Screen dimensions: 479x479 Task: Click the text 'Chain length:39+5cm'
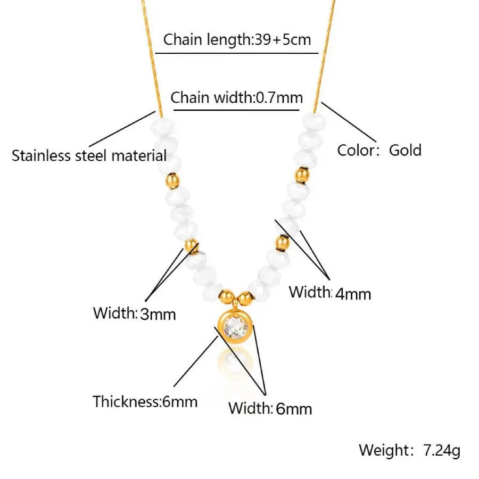(237, 39)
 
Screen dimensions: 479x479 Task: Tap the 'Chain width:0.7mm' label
(237, 98)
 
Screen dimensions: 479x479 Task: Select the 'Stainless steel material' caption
(89, 156)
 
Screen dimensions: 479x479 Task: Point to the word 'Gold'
(405, 150)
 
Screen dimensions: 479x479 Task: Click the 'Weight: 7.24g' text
(409, 450)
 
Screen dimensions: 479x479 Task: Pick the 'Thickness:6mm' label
(145, 401)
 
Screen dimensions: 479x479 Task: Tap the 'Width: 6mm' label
(270, 408)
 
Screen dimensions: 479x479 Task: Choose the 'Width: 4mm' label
(329, 292)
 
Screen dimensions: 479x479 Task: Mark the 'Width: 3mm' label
(134, 313)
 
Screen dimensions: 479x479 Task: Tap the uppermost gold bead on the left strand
(172, 179)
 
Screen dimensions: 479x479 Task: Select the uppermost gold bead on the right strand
(302, 174)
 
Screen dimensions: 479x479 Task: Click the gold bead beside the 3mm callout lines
(191, 246)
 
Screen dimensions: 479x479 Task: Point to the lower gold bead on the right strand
(282, 242)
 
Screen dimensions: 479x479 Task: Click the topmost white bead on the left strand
(162, 126)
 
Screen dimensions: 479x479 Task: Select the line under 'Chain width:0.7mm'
(237, 110)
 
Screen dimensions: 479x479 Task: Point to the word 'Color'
(356, 150)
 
